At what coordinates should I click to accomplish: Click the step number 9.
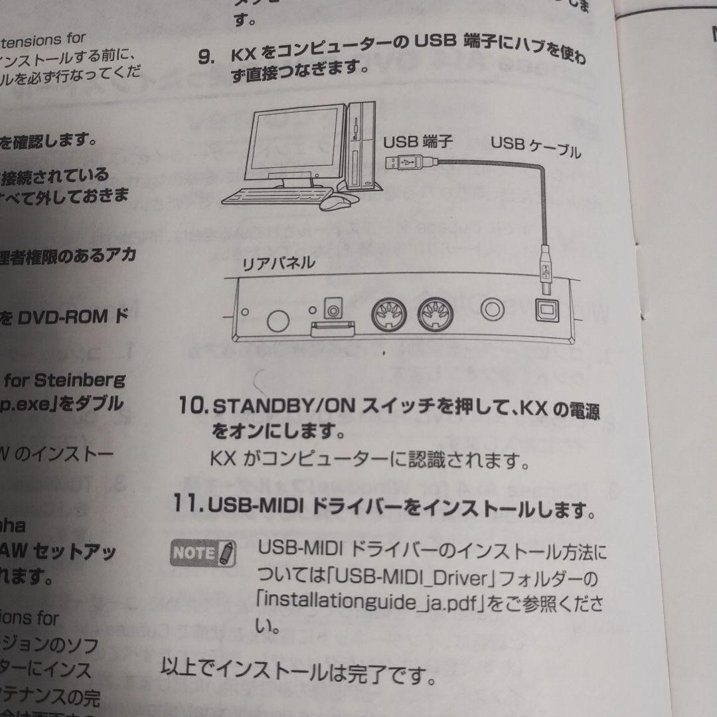206,56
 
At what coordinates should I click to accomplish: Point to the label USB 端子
418,141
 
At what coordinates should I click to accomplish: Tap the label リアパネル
278,264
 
